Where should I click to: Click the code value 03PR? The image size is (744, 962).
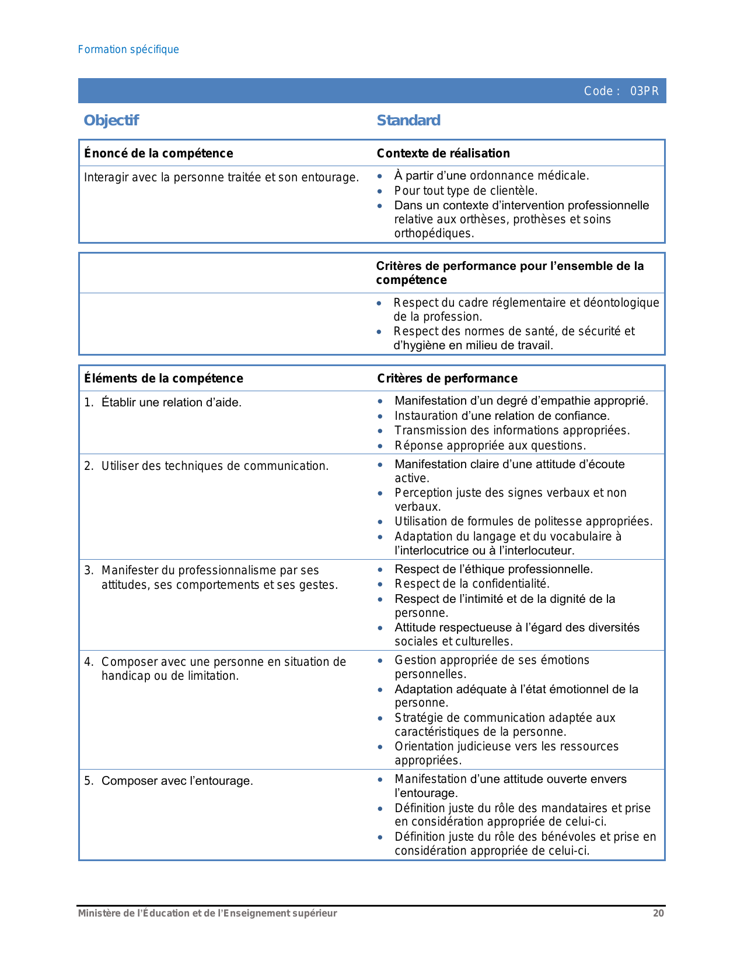coord(644,91)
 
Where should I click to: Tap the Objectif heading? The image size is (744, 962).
coord(111,120)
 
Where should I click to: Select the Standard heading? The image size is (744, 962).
coord(408,120)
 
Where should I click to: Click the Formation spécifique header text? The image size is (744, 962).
coord(128,50)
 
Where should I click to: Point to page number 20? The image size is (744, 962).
coord(658,913)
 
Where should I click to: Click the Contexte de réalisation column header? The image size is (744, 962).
coord(443,153)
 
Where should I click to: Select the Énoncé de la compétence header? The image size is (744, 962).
coord(158,153)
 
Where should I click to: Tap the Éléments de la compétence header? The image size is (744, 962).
coord(163,378)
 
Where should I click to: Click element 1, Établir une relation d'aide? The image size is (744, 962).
coord(171,402)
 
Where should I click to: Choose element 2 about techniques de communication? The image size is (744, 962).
coord(215,466)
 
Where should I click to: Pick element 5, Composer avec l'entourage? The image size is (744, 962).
coord(177,781)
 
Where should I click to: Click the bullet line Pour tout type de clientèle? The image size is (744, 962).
coord(466,191)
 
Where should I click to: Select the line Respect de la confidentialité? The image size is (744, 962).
coord(472,584)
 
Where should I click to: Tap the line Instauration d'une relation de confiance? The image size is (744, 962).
coord(502,416)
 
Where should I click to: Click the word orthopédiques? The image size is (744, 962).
coord(434,233)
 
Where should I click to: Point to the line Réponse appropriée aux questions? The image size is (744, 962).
coord(490,445)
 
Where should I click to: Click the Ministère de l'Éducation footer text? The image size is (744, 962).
coord(207,913)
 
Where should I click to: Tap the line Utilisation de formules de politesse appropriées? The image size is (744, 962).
coord(523,521)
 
